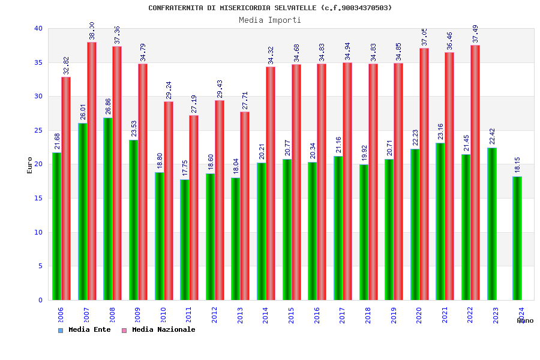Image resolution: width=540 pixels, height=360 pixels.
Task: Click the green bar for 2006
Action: tap(56, 226)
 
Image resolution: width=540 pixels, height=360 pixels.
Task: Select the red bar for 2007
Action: tap(92, 171)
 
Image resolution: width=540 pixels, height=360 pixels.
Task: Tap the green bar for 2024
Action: tap(517, 238)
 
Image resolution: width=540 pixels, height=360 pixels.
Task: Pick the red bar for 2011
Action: tap(194, 208)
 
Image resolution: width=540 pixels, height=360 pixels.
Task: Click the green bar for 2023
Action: tap(492, 224)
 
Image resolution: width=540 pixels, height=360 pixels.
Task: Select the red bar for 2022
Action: tap(475, 173)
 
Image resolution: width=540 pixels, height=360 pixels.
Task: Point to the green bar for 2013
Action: tap(236, 239)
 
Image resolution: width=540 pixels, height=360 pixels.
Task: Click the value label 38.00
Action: tap(92, 31)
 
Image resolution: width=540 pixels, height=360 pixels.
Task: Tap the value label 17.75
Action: tap(185, 169)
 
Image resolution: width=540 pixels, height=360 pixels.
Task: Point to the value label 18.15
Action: tap(517, 166)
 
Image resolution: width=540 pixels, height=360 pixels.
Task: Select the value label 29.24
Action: tap(169, 91)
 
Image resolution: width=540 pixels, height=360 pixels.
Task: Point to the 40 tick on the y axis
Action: tap(38, 29)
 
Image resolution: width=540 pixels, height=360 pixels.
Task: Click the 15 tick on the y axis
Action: tap(38, 199)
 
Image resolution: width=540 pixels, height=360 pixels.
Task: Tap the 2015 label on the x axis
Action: tap(291, 315)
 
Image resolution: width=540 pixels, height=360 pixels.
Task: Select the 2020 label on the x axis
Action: tap(419, 315)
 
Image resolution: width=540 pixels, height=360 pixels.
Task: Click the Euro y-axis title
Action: tap(30, 165)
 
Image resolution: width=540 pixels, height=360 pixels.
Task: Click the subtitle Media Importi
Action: tap(270, 20)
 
